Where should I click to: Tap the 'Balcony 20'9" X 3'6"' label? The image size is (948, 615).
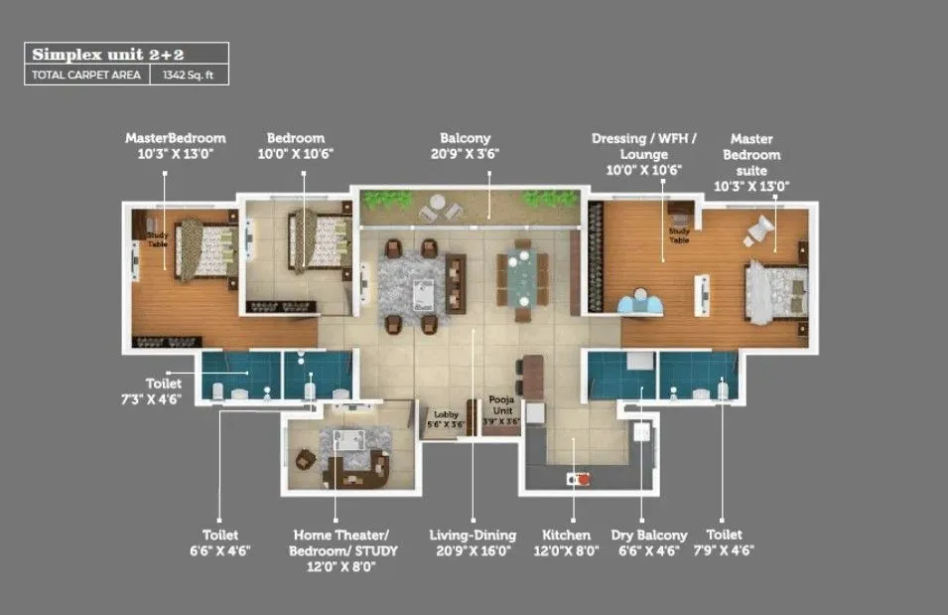465,146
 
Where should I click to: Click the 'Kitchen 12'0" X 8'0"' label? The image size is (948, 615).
566,542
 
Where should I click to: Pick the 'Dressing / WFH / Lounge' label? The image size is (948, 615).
644,154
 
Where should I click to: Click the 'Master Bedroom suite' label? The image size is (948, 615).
751,162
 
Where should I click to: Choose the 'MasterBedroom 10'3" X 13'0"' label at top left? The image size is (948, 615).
176,146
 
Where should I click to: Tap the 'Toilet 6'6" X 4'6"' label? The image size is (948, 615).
220,542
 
